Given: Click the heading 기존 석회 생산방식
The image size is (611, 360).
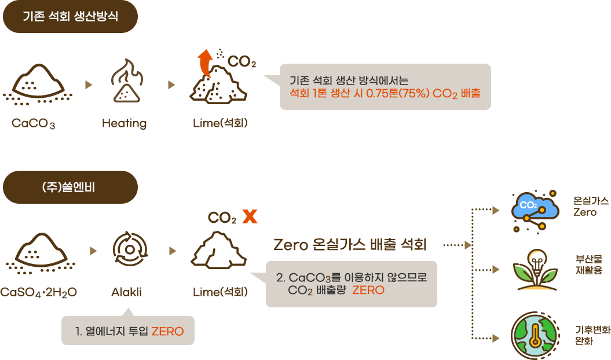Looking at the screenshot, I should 70,16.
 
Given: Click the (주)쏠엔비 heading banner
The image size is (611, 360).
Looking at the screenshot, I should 70,186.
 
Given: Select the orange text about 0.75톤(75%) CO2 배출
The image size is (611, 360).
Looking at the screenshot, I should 385,93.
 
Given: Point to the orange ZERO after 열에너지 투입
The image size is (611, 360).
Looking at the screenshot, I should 167,331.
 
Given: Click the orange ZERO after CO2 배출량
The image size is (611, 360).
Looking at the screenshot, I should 368,290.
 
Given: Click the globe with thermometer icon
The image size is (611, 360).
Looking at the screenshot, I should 535,336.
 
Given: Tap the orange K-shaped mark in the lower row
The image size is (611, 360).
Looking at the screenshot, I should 250,217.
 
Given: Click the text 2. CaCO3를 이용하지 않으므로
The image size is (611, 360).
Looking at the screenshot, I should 352,277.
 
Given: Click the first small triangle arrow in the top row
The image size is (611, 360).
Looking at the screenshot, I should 89,85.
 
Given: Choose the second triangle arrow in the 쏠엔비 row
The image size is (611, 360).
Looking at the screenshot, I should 172,251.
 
